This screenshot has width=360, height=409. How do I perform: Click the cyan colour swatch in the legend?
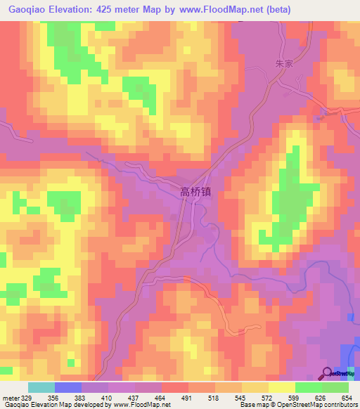41,387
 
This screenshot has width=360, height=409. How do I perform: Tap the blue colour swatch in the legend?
67,387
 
